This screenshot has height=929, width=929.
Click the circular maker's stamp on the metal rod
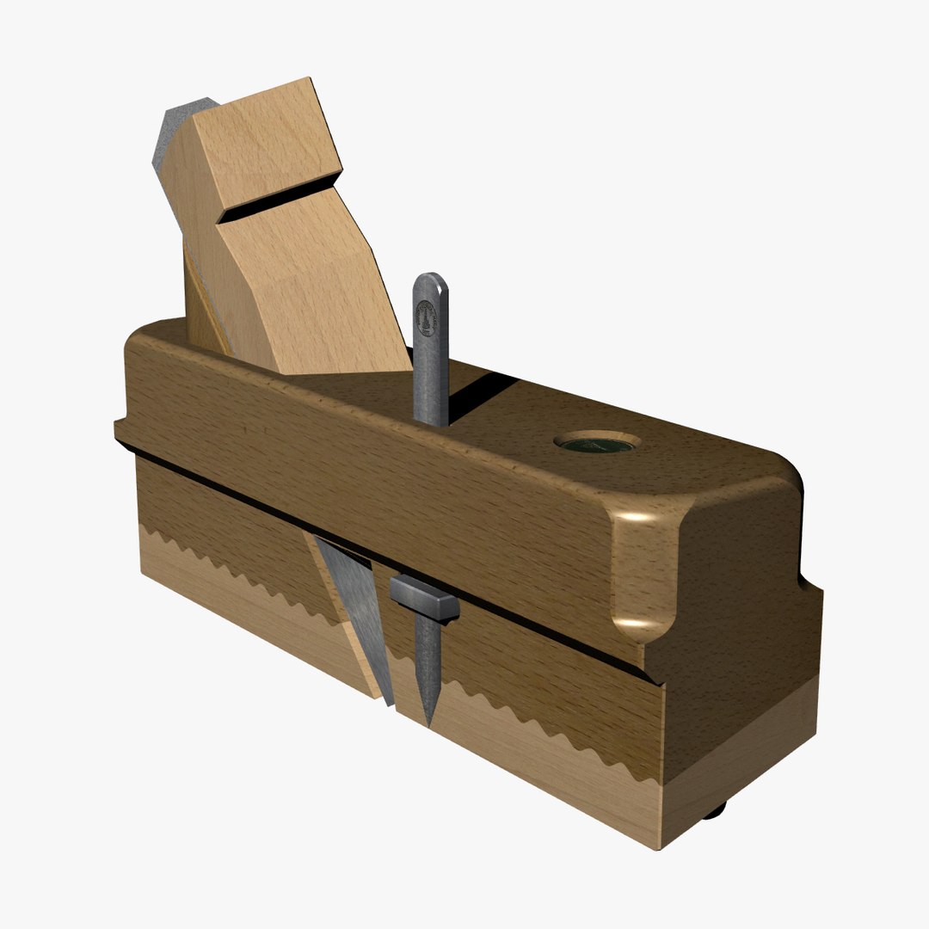pyautogui.click(x=426, y=316)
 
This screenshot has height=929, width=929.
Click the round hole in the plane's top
pyautogui.click(x=597, y=443)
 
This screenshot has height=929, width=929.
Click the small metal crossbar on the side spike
pyautogui.click(x=424, y=597)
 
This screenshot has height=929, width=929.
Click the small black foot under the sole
pyautogui.click(x=715, y=809)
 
